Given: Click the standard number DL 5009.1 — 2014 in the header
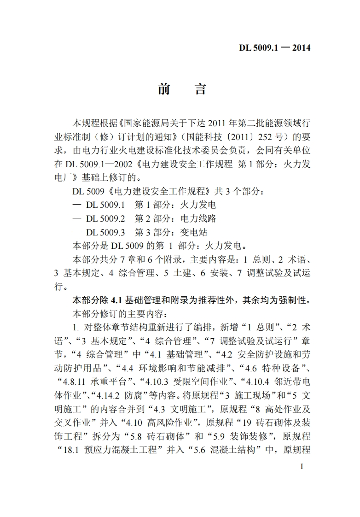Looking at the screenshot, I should click(x=275, y=47).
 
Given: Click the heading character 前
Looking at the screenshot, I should click(x=164, y=89).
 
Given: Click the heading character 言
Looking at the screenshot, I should click(x=200, y=89).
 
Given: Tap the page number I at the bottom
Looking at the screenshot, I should click(x=302, y=466).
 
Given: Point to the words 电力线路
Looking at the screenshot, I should click(x=198, y=218).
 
